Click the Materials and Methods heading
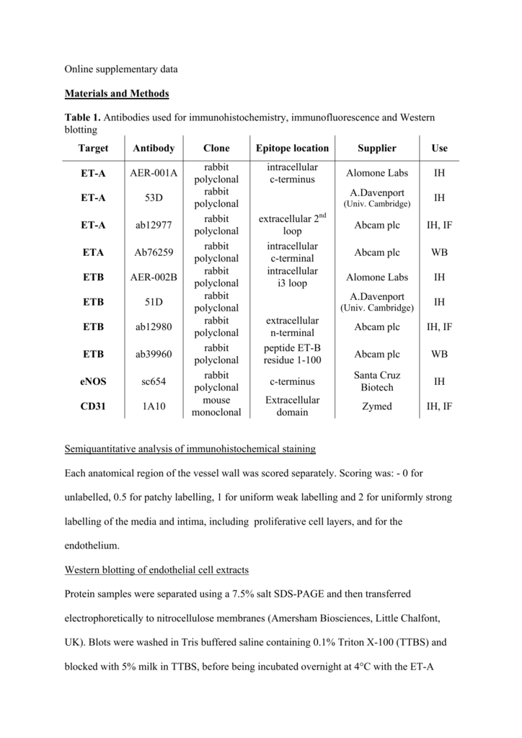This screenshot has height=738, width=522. pos(117,94)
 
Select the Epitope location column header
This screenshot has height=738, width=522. pos(292,148)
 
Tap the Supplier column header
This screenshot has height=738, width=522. pos(376,148)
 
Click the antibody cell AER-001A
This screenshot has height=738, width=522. pos(154,174)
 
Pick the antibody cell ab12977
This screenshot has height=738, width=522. pos(154,226)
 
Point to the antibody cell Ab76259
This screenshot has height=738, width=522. pos(154,253)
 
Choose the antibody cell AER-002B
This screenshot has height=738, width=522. pos(154,277)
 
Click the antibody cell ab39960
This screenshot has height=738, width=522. pos(154,355)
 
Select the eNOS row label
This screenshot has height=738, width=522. pos(94,382)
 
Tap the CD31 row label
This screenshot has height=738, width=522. pos(94,406)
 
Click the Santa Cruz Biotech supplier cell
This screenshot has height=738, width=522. pos(376,382)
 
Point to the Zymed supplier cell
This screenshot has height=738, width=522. pos(376,406)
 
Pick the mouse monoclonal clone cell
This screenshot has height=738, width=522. pos(216,406)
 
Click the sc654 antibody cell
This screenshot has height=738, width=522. pos(154,382)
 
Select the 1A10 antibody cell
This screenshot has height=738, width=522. pos(154,406)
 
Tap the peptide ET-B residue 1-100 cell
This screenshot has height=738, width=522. pos(292,355)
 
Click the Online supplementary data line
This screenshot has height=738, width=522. pos(121,70)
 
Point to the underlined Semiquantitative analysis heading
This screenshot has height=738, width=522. pos(190,450)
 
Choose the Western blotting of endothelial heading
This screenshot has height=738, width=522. pos(156,570)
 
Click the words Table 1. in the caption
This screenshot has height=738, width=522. pos(82,117)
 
